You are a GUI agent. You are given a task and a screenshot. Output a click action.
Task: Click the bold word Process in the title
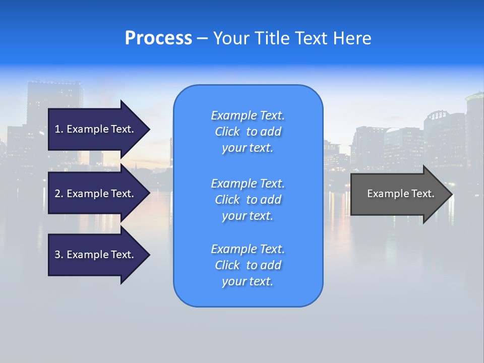click(x=158, y=38)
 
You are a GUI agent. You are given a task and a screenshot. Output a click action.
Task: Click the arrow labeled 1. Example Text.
click(x=96, y=129)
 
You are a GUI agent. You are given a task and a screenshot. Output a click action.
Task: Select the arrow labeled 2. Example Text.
click(x=96, y=194)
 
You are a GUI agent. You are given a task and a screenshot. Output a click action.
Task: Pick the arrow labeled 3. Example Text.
click(x=96, y=255)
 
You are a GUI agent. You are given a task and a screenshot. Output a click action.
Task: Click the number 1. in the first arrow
click(x=59, y=129)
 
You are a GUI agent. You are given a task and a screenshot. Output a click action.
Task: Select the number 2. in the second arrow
click(x=59, y=194)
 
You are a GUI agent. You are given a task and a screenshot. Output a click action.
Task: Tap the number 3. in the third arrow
click(x=59, y=255)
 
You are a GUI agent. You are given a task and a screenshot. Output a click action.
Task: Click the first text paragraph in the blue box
click(x=248, y=132)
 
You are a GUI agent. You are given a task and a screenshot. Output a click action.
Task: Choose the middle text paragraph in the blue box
click(x=248, y=200)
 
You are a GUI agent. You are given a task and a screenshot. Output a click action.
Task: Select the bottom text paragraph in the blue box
click(x=248, y=265)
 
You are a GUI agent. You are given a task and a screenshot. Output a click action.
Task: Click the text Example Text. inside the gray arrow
click(x=400, y=194)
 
